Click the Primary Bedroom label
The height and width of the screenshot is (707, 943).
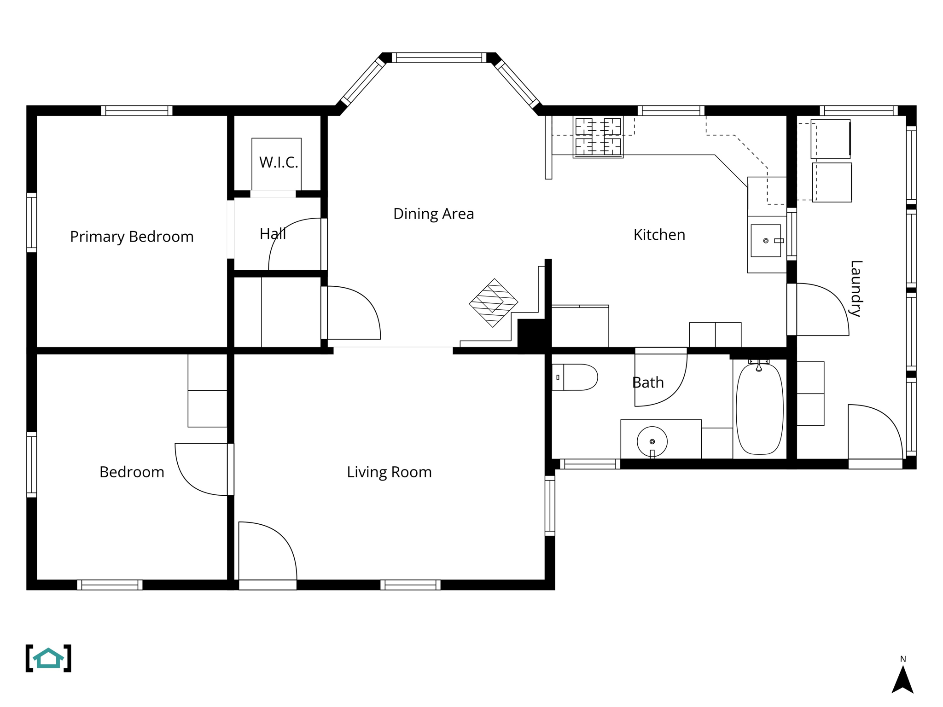pyautogui.click(x=132, y=237)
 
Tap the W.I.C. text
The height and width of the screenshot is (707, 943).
pyautogui.click(x=279, y=162)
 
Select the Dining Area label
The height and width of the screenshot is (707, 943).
pyautogui.click(x=433, y=214)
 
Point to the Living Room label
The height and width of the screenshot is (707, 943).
pyautogui.click(x=389, y=472)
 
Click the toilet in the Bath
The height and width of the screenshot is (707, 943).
pyautogui.click(x=576, y=377)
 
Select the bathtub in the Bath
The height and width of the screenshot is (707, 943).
pyautogui.click(x=759, y=409)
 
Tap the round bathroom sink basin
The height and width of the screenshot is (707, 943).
pyautogui.click(x=652, y=441)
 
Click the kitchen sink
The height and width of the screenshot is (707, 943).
pyautogui.click(x=766, y=241)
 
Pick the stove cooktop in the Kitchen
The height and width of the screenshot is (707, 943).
pyautogui.click(x=598, y=137)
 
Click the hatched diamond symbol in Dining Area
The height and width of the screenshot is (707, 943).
pyautogui.click(x=494, y=303)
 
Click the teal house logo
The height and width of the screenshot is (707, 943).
pyautogui.click(x=48, y=658)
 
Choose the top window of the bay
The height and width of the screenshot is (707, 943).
pyautogui.click(x=439, y=58)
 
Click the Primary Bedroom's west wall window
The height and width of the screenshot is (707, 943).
pyautogui.click(x=31, y=223)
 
